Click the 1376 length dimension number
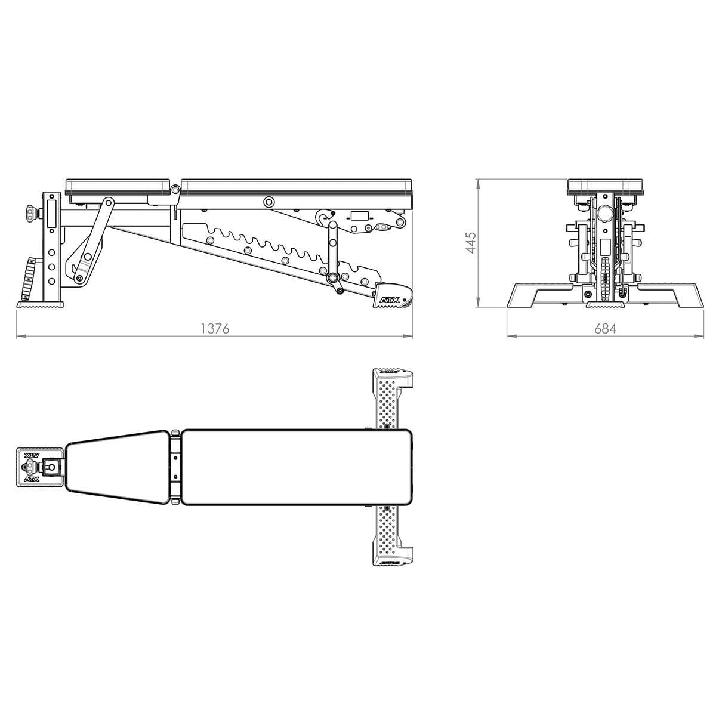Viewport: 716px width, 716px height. (x=215, y=328)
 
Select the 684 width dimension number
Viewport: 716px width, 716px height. (x=604, y=328)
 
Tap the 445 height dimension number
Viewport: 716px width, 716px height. (x=471, y=243)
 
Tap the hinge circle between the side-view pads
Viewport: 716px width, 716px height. (x=175, y=190)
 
